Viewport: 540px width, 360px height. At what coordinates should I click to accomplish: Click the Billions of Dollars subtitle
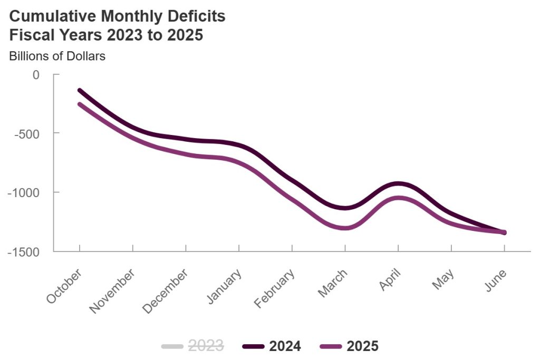tap(57, 56)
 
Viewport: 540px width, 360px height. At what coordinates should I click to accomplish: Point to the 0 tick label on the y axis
tap(36, 75)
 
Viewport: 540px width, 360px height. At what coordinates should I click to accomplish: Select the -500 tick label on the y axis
tap(26, 133)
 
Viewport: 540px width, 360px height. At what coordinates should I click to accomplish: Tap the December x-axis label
tap(166, 290)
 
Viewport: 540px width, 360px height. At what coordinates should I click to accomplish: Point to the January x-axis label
tap(224, 287)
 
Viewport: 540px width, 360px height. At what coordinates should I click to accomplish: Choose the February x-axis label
tap(274, 288)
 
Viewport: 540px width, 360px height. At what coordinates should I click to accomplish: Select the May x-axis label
tap(443, 278)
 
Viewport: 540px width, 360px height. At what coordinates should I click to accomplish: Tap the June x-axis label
tap(496, 279)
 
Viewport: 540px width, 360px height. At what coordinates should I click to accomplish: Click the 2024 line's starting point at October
tap(79, 91)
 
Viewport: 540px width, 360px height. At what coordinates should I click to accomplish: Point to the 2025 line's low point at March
tap(344, 228)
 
